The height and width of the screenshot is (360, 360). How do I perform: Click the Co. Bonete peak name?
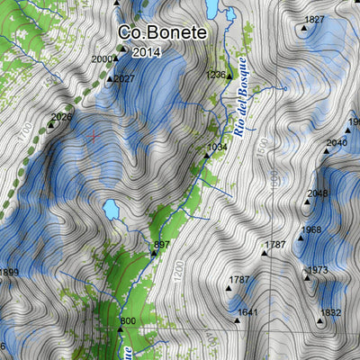(162, 32)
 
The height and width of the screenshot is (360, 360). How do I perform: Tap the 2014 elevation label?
(146, 52)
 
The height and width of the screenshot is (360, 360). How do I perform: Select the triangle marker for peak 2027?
(111, 79)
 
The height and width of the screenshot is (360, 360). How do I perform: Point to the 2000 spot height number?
(103, 59)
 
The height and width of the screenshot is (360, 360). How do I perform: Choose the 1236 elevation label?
(215, 75)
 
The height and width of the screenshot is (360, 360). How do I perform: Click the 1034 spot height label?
(217, 146)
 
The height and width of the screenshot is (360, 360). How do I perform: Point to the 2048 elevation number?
(318, 193)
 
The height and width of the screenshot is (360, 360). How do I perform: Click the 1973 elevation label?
(317, 270)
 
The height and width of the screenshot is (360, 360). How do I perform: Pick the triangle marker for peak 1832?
(320, 319)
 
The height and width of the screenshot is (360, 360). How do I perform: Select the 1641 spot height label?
(248, 312)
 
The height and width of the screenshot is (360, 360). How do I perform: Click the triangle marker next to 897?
(153, 253)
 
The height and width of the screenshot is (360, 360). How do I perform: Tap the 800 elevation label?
(128, 321)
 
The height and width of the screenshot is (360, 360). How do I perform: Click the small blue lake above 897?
(112, 210)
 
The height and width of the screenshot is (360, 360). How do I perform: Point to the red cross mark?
(94, 136)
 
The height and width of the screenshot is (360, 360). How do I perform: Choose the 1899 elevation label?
(8, 273)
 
